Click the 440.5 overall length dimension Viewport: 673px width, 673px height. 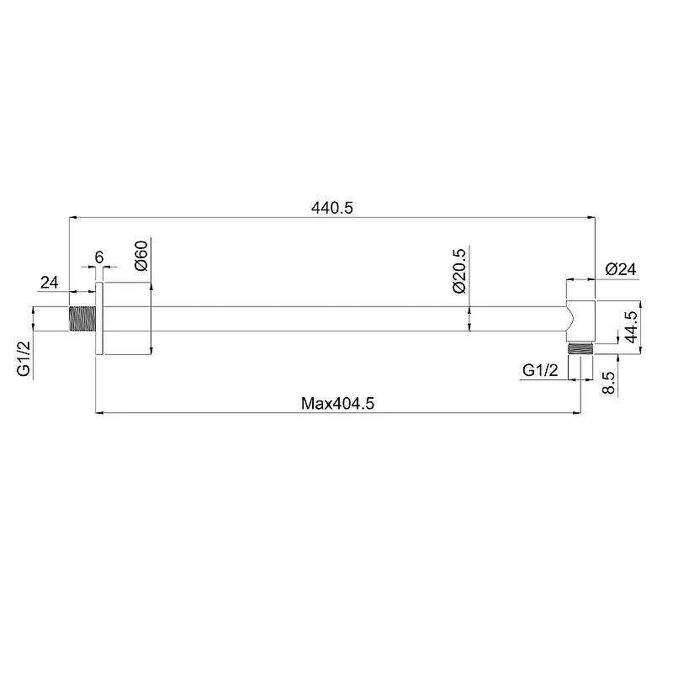(x=331, y=208)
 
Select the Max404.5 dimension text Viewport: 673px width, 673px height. (x=337, y=404)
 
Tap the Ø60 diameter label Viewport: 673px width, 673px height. (x=141, y=256)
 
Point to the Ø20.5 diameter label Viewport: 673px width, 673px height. (x=458, y=271)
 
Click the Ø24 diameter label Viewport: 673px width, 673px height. (x=621, y=269)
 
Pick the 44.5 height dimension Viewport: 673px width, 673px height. (x=631, y=327)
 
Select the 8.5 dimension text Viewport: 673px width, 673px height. (x=608, y=383)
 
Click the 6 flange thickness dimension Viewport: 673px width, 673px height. (x=99, y=257)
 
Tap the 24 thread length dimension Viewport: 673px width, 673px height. (x=50, y=283)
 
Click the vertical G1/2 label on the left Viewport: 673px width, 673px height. (x=24, y=358)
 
